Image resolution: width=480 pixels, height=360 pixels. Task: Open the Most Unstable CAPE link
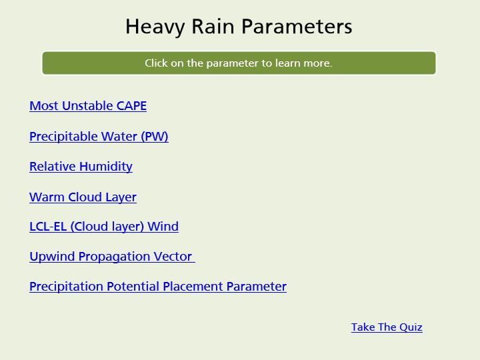point(88,106)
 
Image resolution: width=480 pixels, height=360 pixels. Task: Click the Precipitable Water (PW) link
point(99,137)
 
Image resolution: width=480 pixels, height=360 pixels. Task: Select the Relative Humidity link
point(81,167)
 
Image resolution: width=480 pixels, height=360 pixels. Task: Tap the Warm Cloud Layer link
point(83,197)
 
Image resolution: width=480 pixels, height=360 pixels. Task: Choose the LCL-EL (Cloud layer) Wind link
point(104,227)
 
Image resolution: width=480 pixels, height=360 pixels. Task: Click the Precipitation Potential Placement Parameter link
point(158,287)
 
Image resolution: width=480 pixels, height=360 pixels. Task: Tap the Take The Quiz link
point(387,327)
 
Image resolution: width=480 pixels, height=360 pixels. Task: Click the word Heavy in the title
point(155,27)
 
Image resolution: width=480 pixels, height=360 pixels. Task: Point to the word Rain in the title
point(213,26)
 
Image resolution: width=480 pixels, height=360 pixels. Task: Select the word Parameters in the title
point(297,26)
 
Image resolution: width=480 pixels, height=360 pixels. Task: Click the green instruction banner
point(239,63)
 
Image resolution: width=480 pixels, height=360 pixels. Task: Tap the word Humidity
point(106,167)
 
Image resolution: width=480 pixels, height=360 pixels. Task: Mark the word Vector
point(173,257)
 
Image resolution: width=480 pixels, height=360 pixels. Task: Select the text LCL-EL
point(48,227)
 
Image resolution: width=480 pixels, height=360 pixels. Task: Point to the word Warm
point(47,197)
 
